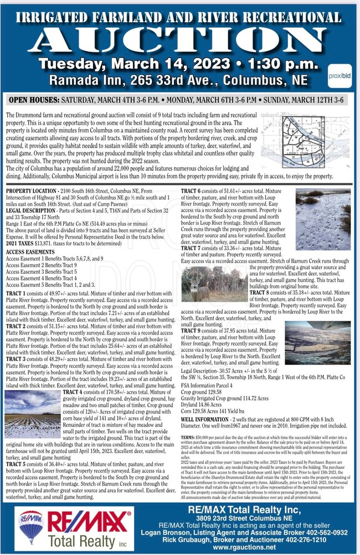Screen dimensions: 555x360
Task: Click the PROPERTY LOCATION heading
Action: (x=33, y=190)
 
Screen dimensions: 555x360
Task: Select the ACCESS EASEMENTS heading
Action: (x=31, y=252)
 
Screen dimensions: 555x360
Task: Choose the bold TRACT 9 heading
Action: (x=194, y=331)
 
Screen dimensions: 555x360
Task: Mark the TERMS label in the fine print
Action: (x=189, y=437)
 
